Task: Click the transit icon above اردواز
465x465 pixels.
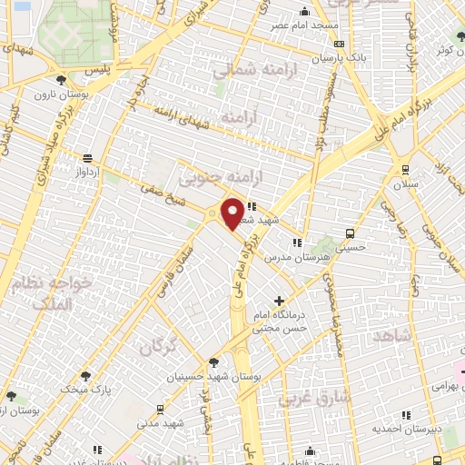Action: (86, 156)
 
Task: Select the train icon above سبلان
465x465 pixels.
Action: (404, 168)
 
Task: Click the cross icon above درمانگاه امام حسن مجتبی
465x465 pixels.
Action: (278, 301)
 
